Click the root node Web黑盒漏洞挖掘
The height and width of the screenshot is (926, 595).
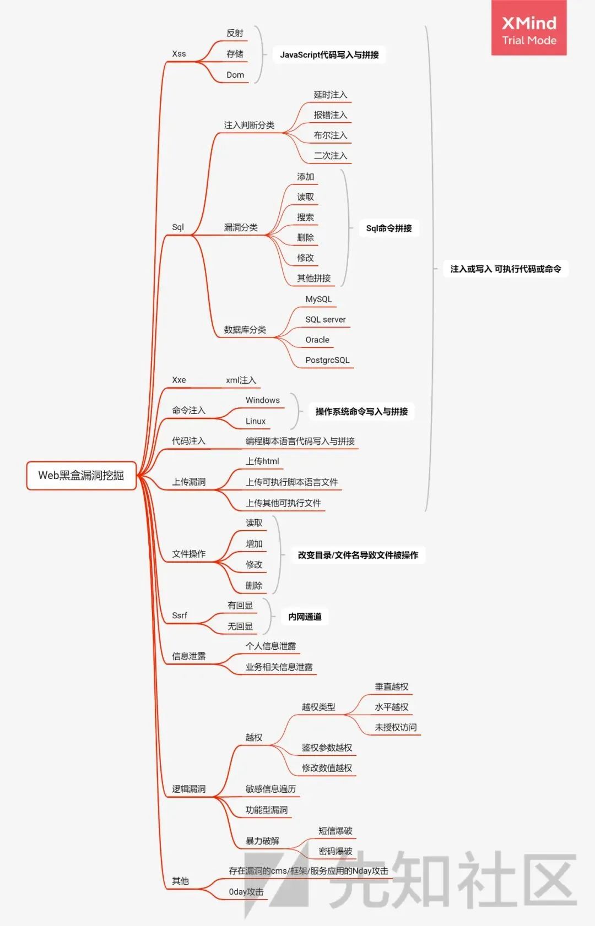[81, 476]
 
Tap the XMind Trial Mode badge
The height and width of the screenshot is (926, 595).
[529, 28]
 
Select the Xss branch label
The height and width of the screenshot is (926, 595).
[178, 54]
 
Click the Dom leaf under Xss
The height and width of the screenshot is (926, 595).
[235, 75]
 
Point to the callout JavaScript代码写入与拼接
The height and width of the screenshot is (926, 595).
[329, 55]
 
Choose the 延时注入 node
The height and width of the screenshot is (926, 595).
[330, 95]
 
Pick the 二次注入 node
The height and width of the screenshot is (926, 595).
[330, 155]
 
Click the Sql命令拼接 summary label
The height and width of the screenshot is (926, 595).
[389, 228]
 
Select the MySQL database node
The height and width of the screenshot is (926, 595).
[318, 299]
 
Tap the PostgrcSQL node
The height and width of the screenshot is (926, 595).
[327, 360]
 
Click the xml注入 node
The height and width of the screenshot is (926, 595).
[241, 380]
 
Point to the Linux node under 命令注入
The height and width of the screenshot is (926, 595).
[255, 421]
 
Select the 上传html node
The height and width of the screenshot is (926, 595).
[262, 461]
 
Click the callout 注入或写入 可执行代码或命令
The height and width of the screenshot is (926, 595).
[506, 269]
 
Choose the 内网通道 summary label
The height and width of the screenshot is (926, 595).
[305, 617]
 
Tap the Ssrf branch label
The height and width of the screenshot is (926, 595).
[180, 615]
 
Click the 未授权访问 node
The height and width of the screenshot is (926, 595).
[396, 728]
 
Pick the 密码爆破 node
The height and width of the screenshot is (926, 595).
[335, 851]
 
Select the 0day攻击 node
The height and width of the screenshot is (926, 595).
[246, 892]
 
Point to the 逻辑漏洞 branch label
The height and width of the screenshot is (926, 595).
[188, 789]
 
